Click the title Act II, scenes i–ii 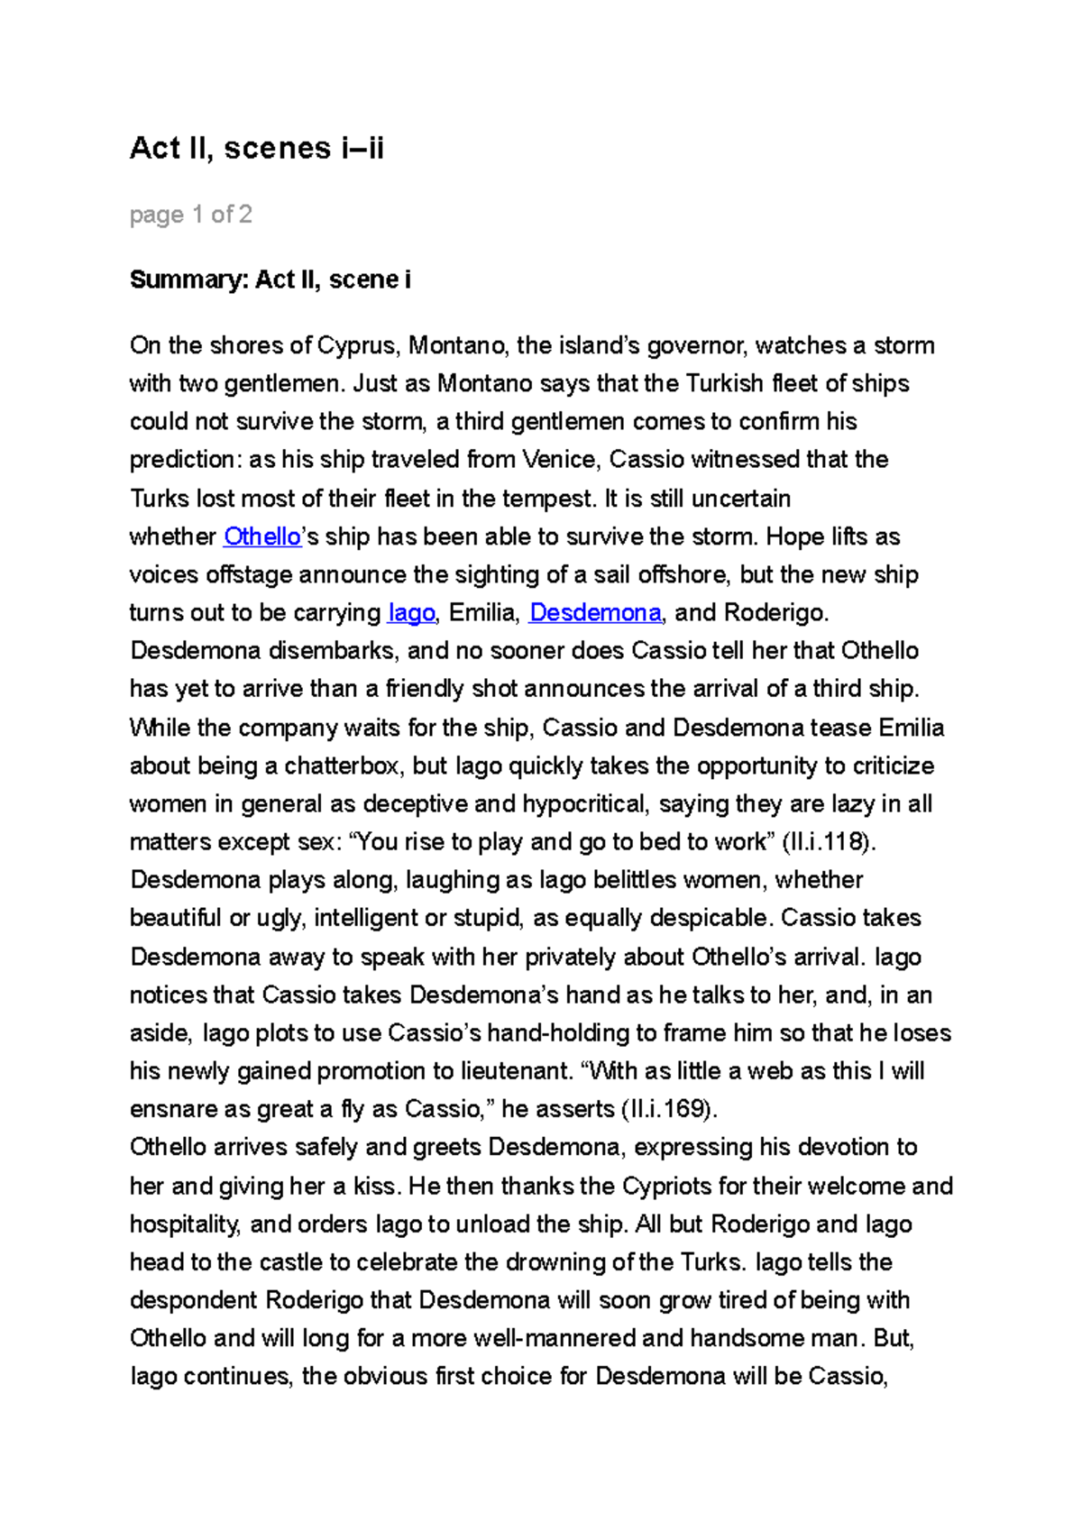[257, 148]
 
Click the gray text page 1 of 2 [190, 215]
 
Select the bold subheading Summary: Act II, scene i [270, 280]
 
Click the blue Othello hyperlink [261, 536]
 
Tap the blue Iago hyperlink [411, 613]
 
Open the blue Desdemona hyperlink [595, 613]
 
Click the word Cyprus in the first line [358, 345]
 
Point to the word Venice [559, 460]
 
